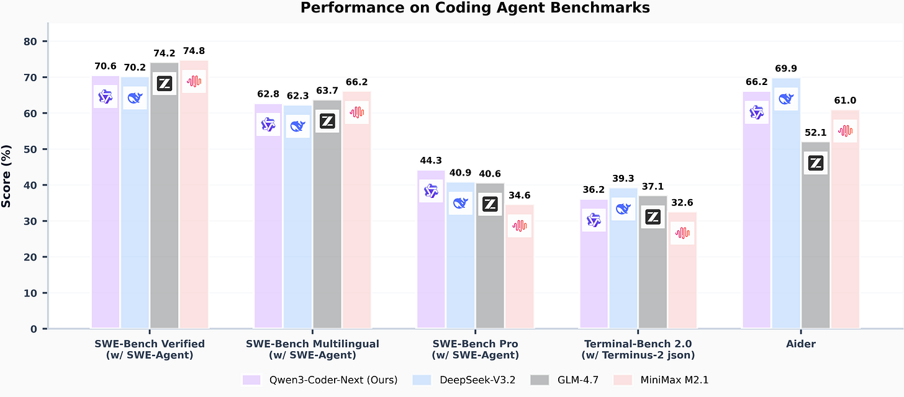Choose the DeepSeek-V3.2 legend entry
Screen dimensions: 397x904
pyautogui.click(x=459, y=380)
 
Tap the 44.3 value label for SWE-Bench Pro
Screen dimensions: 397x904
pyautogui.click(x=431, y=161)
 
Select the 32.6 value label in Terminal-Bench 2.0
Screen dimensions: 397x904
pyautogui.click(x=682, y=202)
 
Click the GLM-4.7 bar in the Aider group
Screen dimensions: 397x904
pyautogui.click(x=816, y=248)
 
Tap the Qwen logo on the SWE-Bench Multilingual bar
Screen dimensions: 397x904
pyautogui.click(x=268, y=125)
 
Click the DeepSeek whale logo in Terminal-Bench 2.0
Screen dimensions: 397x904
pyautogui.click(x=623, y=209)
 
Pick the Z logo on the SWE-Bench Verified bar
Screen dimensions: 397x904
pyautogui.click(x=165, y=84)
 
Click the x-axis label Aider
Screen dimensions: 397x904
pyautogui.click(x=801, y=344)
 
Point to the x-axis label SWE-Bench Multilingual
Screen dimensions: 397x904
pyautogui.click(x=312, y=344)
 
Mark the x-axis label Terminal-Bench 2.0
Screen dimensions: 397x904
pyautogui.click(x=638, y=344)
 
